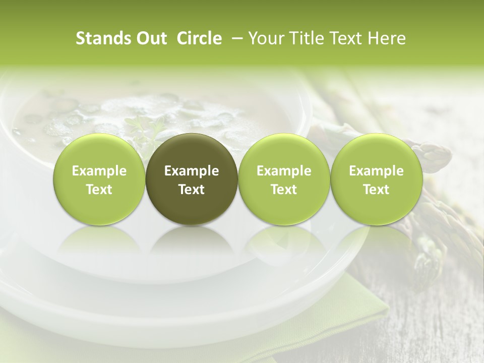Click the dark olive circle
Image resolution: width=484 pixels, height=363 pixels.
coord(192,179)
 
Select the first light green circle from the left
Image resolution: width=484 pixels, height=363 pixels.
coord(99,179)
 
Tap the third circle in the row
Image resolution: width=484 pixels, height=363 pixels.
coord(284,179)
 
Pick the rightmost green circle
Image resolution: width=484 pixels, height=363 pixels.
coord(376,179)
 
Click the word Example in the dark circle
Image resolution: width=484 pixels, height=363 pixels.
coord(192,171)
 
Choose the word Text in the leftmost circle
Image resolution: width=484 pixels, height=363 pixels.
coord(99,190)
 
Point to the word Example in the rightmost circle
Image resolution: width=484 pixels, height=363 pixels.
coord(376,171)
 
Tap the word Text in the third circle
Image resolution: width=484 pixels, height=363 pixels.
coord(284,190)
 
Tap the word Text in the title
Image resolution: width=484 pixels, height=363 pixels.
coord(347,38)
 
